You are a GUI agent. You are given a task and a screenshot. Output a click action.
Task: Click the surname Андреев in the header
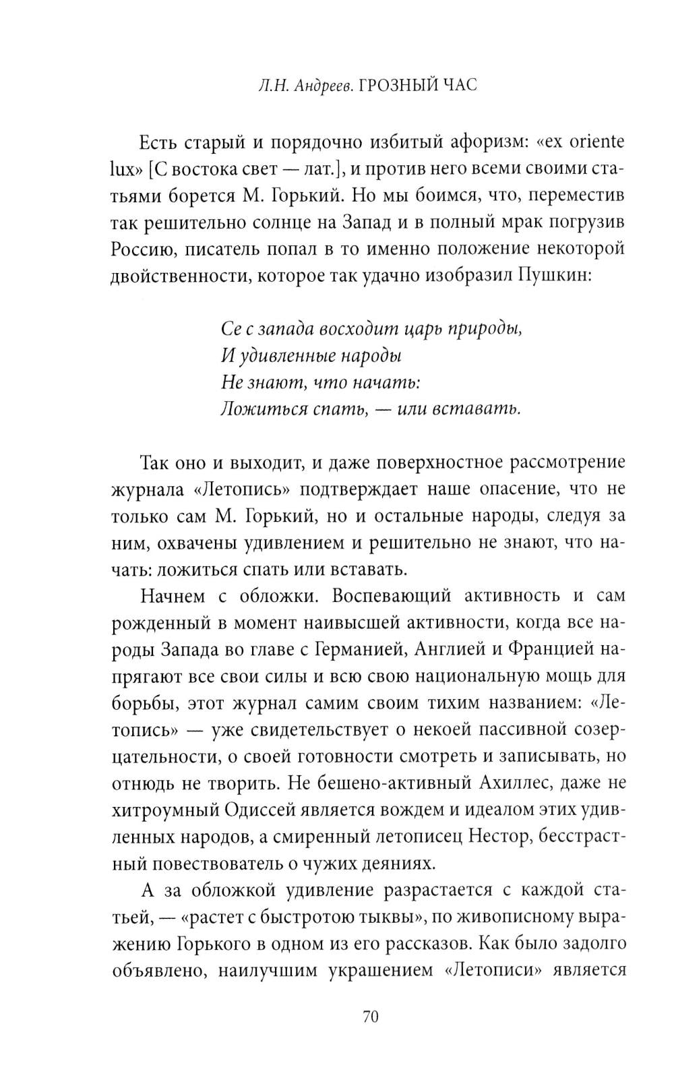[x=322, y=86]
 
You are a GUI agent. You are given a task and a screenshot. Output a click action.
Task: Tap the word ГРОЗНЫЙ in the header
[x=398, y=86]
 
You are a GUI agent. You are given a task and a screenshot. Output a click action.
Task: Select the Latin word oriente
[x=590, y=142]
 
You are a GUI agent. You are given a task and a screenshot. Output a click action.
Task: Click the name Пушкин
[x=557, y=275]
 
